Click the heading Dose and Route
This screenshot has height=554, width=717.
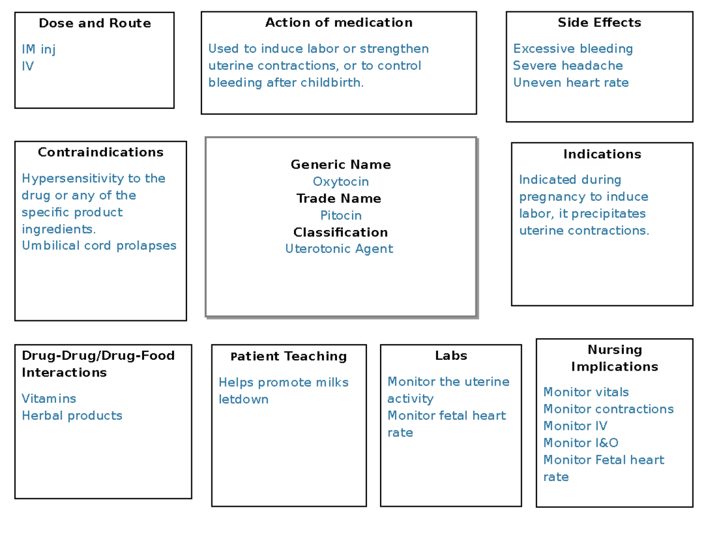click(x=94, y=23)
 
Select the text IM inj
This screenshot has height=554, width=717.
click(x=38, y=49)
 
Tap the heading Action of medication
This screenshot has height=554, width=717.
click(x=339, y=23)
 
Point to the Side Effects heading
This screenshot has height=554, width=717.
click(x=599, y=23)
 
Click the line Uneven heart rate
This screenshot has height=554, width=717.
click(x=571, y=83)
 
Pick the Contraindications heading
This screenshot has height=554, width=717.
click(x=100, y=152)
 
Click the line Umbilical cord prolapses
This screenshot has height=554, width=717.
click(x=99, y=246)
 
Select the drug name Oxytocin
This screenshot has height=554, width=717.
click(x=341, y=182)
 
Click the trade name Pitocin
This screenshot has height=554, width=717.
click(x=341, y=215)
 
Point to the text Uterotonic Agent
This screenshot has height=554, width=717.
click(x=339, y=249)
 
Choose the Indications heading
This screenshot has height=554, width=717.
click(x=602, y=154)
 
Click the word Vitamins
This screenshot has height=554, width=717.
click(x=49, y=399)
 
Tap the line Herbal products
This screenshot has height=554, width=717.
click(x=72, y=415)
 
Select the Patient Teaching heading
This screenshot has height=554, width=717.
click(x=289, y=356)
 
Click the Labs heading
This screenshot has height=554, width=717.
click(x=451, y=356)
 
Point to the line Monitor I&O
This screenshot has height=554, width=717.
click(x=580, y=443)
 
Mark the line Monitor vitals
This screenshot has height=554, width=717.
click(x=586, y=392)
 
